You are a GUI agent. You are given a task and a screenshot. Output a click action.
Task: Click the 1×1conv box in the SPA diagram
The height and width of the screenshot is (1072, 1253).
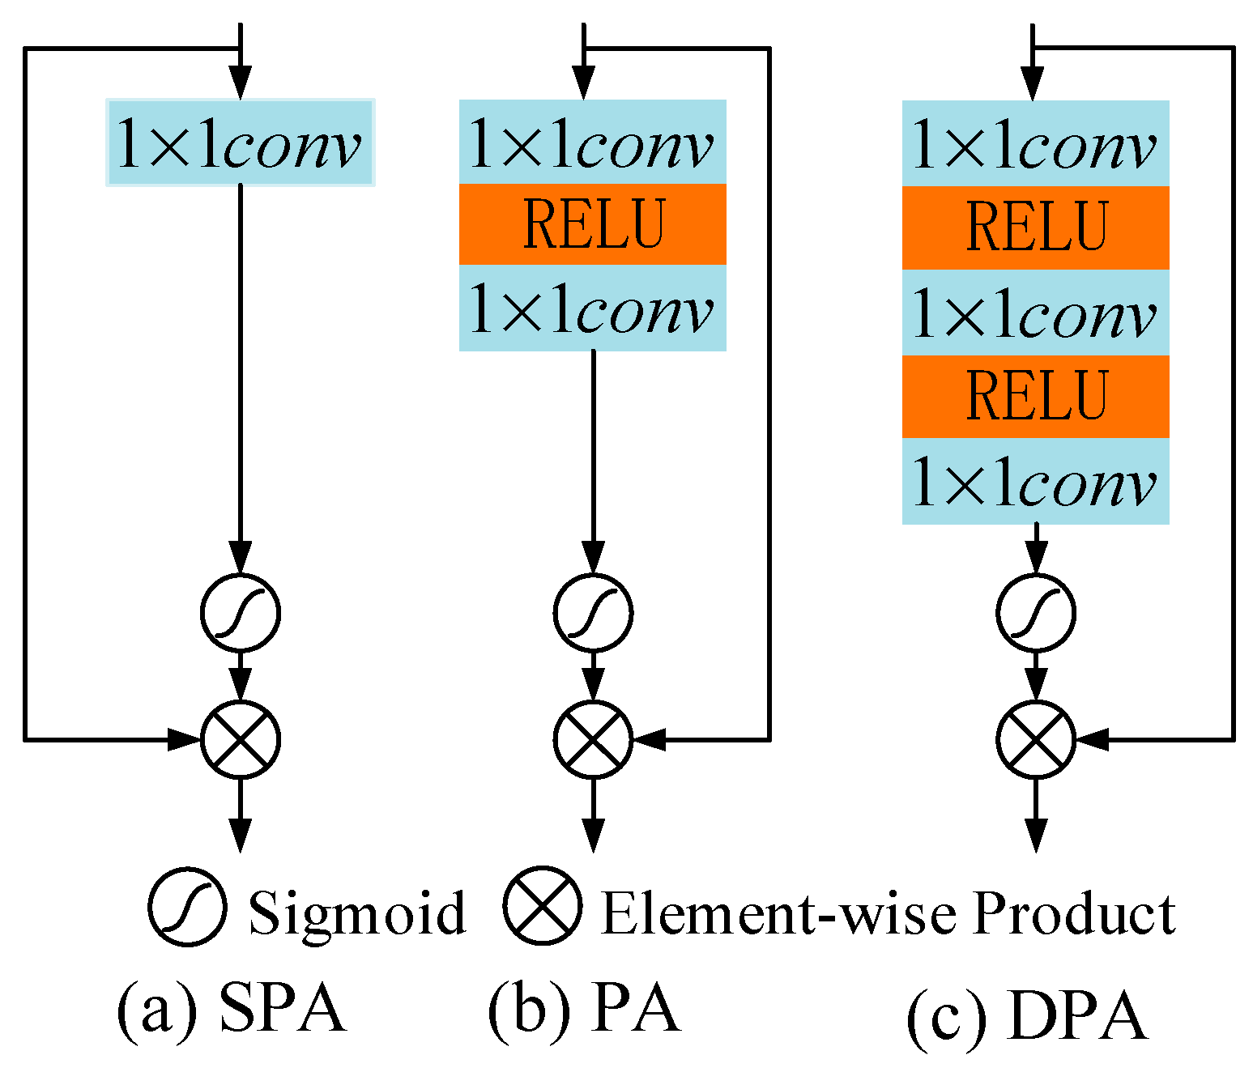pos(240,143)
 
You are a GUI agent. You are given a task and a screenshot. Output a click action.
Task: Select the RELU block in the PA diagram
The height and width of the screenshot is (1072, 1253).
pos(592,224)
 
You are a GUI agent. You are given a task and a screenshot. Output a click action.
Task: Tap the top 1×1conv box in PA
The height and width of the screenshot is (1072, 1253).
pos(592,142)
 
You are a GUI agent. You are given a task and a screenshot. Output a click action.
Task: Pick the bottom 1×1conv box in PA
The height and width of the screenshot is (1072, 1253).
pos(592,308)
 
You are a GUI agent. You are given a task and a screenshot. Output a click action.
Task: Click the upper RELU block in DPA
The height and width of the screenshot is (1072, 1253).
pos(1035,228)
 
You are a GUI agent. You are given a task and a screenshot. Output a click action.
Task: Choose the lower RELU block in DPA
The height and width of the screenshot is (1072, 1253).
pos(1035,396)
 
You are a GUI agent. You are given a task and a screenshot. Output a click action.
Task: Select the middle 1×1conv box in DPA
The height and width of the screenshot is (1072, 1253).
pos(1035,313)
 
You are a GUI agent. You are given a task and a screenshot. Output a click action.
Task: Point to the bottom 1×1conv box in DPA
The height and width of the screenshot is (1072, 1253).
pos(1035,482)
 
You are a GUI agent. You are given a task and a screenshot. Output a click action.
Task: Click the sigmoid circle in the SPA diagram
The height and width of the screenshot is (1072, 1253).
pos(240,612)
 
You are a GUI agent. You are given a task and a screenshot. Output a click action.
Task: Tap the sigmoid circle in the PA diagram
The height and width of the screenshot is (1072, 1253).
pos(593,612)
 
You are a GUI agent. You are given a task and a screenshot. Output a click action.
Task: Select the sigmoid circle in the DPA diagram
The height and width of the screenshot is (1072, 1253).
pos(1035,612)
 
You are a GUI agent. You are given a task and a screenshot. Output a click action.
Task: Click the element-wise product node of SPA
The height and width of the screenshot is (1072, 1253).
pos(240,738)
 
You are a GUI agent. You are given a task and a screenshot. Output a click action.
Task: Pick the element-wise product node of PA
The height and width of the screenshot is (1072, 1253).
pos(593,738)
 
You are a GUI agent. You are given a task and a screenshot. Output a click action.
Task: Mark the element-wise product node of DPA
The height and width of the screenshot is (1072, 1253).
pos(1035,738)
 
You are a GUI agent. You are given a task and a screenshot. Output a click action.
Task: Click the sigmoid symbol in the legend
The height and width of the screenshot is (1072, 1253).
pos(187,907)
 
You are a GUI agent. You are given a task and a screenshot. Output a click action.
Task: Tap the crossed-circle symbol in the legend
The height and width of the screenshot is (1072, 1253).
pos(542,907)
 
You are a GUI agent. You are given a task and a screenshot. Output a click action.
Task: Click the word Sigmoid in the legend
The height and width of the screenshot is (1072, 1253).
pos(357,913)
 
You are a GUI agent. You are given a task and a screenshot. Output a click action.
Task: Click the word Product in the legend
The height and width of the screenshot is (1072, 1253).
pos(1074,913)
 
